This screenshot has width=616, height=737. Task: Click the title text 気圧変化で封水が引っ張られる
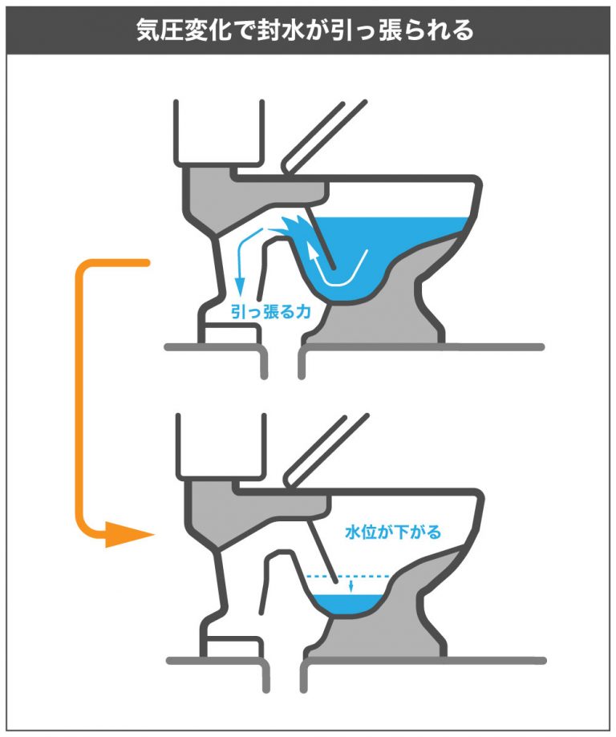point(308,30)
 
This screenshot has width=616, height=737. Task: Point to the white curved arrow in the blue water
point(341,273)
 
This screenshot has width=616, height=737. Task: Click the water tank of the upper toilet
point(219,132)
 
